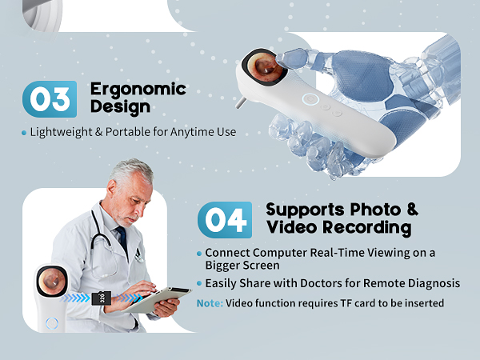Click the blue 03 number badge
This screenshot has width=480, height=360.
point(50,99)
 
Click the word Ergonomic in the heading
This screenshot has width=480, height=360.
point(138,88)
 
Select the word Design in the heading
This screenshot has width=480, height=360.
point(119,106)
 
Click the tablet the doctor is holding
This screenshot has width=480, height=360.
point(160,300)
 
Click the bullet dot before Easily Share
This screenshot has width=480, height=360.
point(199,283)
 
